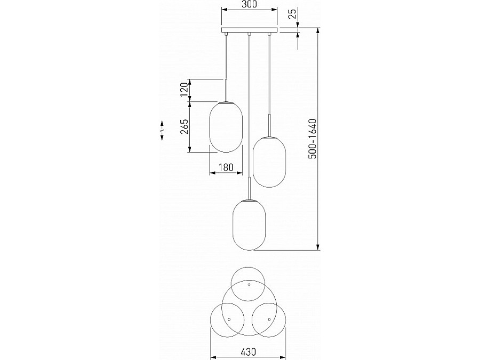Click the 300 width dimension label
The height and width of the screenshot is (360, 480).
(249, 4)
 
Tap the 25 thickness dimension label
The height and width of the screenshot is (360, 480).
(293, 14)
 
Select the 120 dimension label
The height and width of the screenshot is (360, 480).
(184, 90)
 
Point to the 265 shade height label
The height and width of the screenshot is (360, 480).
(184, 126)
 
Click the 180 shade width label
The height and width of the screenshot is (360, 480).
(226, 167)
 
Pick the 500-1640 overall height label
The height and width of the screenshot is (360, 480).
(312, 139)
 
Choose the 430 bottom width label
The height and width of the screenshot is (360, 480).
(248, 352)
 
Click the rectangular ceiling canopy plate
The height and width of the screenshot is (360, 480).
(250, 30)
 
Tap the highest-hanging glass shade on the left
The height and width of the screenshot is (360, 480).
(226, 127)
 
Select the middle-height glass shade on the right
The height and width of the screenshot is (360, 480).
(269, 162)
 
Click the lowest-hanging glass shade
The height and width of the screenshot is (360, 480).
(249, 225)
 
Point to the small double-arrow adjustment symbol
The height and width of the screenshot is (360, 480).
(162, 131)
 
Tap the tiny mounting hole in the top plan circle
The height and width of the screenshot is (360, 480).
(249, 284)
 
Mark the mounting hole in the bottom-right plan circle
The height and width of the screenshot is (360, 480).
(269, 319)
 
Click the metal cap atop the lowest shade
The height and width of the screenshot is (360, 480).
(249, 201)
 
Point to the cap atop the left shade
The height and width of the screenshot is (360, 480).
(226, 102)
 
